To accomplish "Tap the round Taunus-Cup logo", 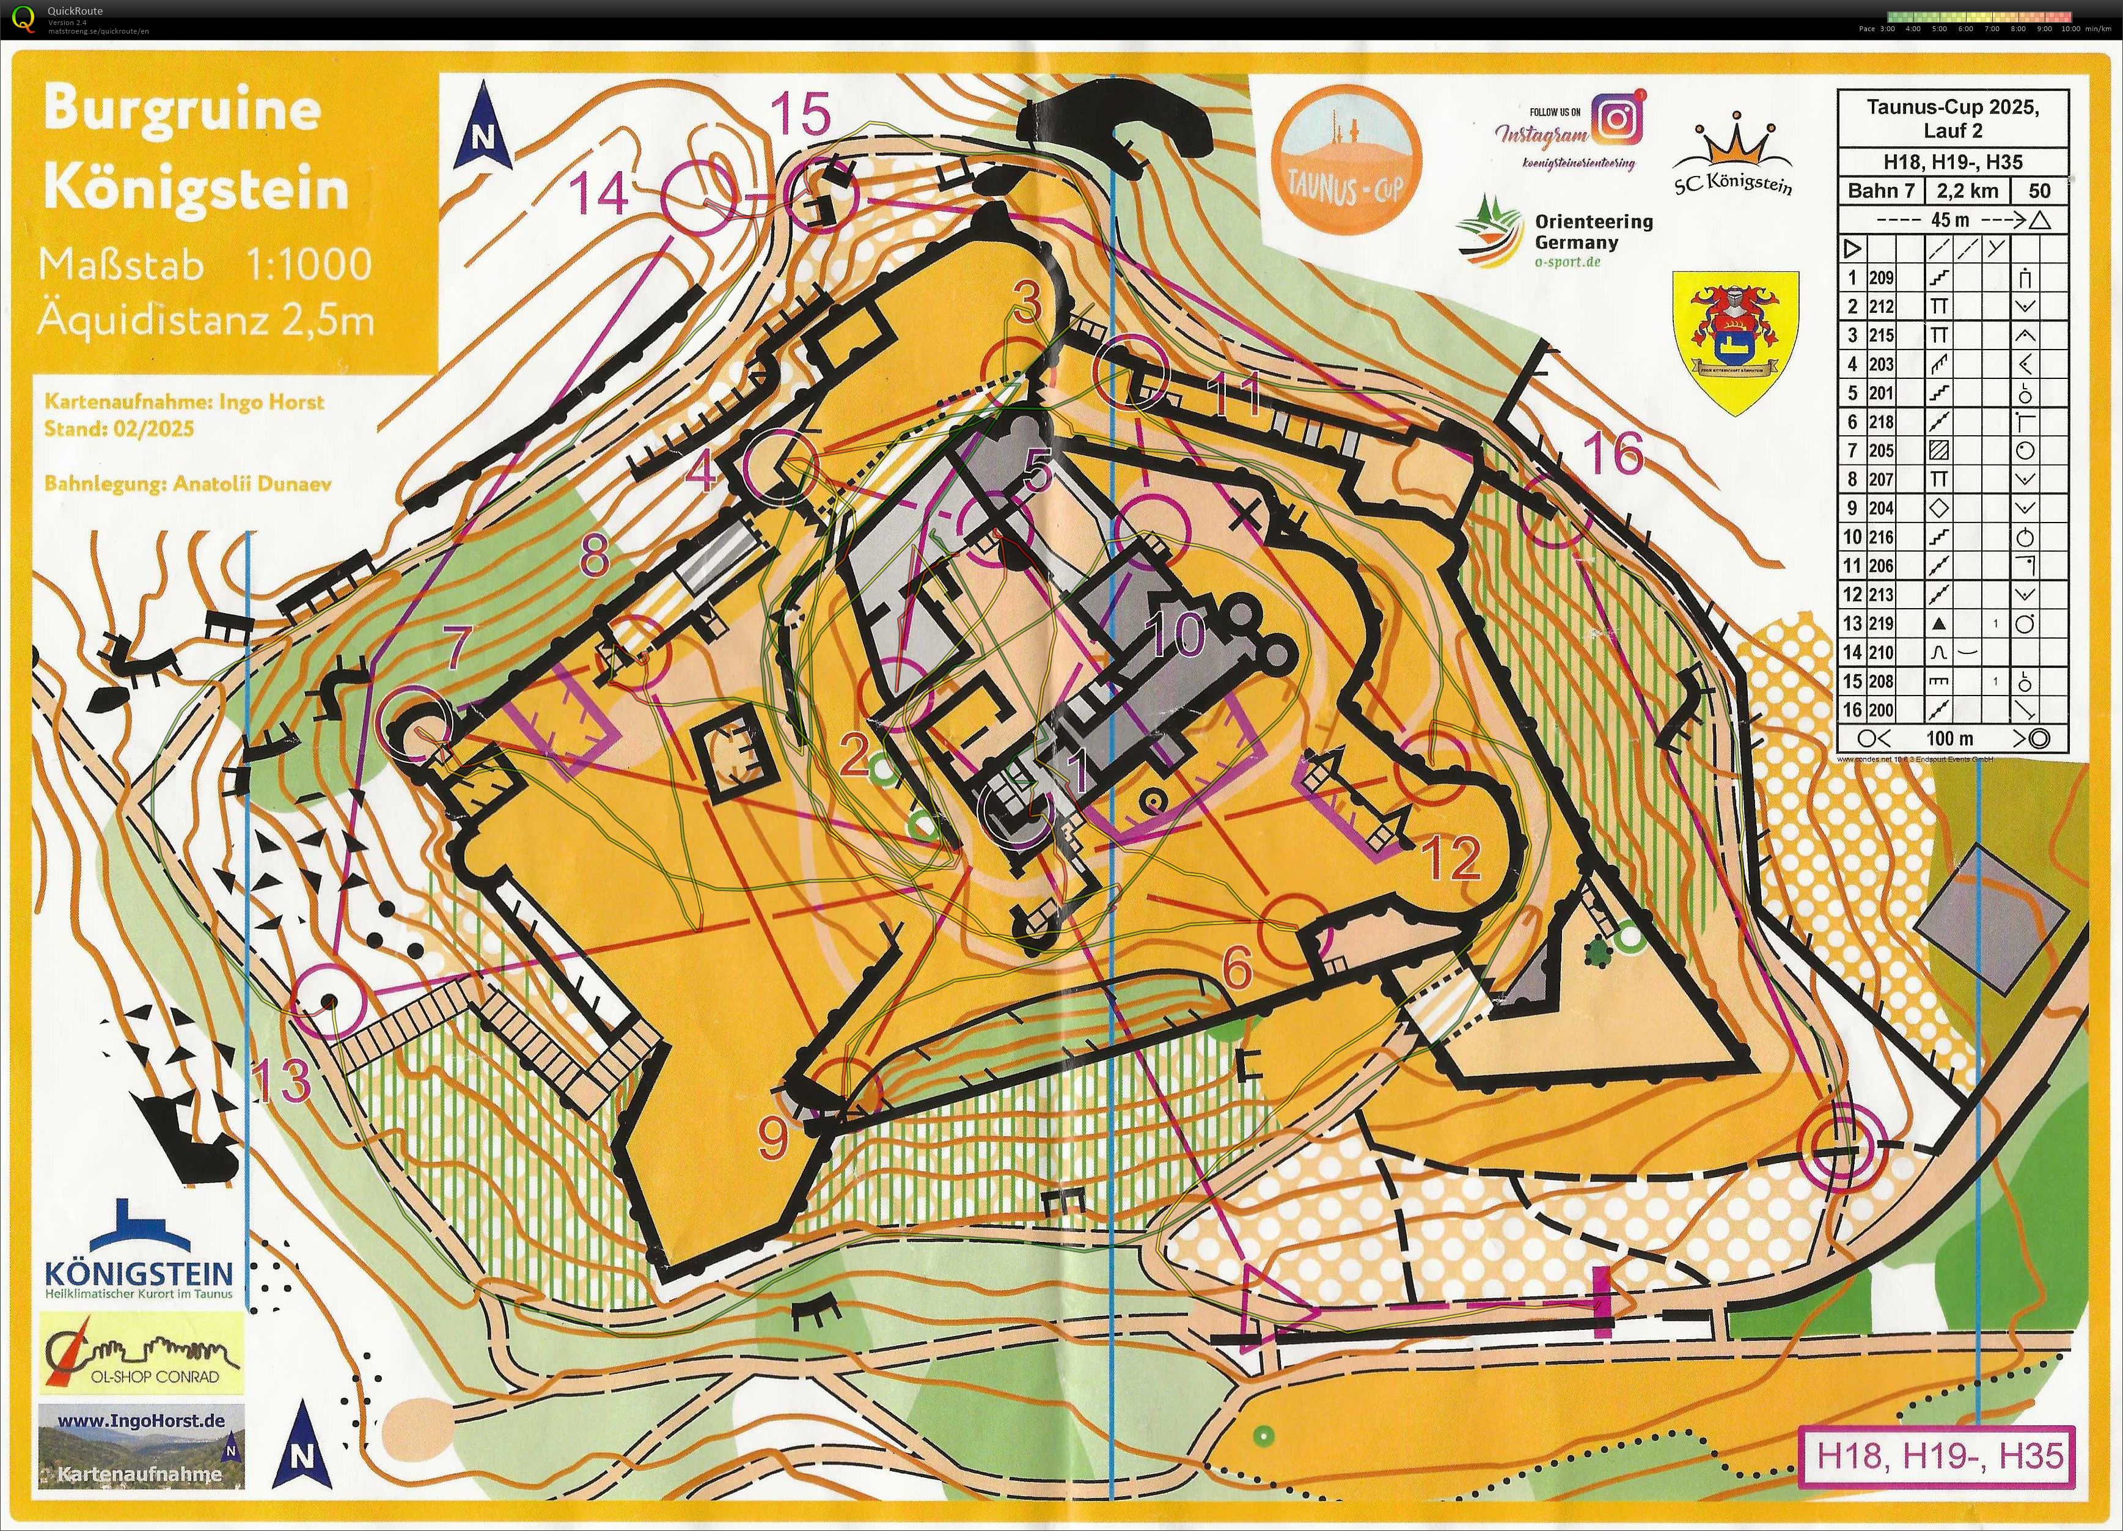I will tap(1347, 158).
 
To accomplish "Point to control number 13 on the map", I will tap(282, 1081).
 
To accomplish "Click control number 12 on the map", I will tap(1451, 857).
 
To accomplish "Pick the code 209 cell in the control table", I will tap(1882, 278).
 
